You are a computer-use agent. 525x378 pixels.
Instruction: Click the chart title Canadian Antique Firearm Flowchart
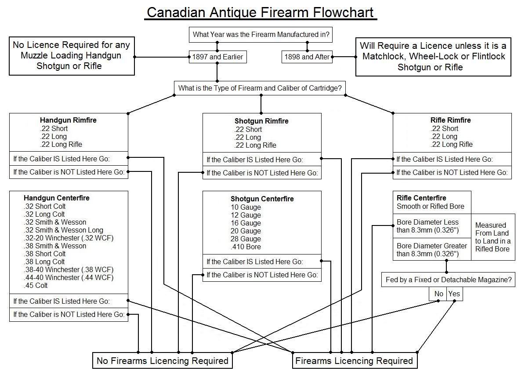click(261, 12)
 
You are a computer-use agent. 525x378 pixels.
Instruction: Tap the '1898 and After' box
click(307, 57)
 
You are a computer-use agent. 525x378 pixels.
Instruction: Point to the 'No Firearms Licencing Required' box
click(163, 361)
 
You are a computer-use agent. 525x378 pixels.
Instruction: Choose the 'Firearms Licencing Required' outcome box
click(354, 361)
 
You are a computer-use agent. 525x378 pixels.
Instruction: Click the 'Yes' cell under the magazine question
click(454, 294)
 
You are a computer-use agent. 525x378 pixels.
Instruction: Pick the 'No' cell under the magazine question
click(438, 294)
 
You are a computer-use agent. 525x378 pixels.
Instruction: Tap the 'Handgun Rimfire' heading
click(68, 120)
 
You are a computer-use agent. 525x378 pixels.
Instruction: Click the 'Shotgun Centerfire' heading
click(262, 199)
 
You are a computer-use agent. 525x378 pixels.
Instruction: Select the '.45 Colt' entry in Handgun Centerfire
click(36, 285)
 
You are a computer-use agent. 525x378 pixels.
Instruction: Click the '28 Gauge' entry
click(246, 239)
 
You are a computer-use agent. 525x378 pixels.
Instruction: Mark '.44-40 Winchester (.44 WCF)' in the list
click(69, 277)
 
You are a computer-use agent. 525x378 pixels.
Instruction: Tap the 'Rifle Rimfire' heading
click(450, 120)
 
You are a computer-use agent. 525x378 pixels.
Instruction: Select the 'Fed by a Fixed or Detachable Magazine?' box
click(449, 280)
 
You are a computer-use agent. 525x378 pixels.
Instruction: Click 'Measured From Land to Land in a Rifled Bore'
click(492, 237)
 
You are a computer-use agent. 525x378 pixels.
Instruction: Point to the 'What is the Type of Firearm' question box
click(260, 88)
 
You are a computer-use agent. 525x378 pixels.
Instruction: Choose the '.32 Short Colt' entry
click(44, 206)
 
